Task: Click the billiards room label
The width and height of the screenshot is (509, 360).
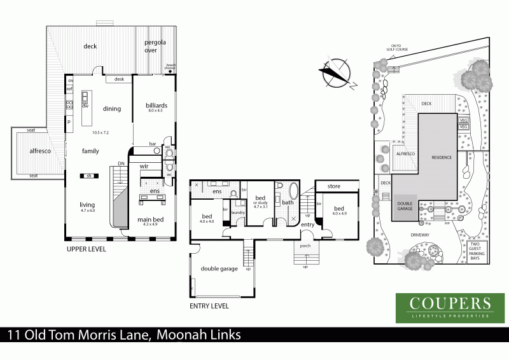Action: [x=157, y=105]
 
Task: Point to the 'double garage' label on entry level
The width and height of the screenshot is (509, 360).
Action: [x=220, y=268]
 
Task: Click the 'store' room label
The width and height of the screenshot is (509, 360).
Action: [x=334, y=186]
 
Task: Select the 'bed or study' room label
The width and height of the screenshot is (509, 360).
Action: [x=260, y=201]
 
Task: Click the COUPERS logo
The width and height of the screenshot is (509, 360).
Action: [x=444, y=307]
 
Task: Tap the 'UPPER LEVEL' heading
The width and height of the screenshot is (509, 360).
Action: [x=87, y=249]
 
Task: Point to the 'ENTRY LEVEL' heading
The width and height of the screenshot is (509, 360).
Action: [x=209, y=305]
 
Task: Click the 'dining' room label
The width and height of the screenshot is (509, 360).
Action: [x=112, y=109]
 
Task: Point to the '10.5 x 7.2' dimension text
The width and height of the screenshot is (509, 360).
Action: [x=101, y=132]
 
